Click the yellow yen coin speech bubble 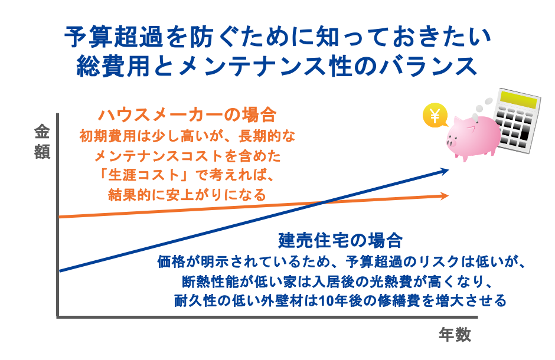coord(435,115)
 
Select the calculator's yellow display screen coord(515,100)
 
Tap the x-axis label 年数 coord(455,335)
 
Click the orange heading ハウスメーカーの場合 coord(187,114)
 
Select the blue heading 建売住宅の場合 coord(340,241)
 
